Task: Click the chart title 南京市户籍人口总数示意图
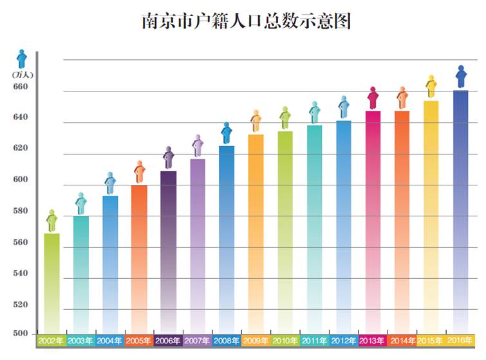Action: pos(246,21)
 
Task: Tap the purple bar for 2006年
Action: pos(169,251)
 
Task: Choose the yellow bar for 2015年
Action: pos(431,216)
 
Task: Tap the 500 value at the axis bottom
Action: pos(21,334)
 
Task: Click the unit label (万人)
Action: pos(21,75)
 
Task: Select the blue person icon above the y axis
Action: pos(21,59)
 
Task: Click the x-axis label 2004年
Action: pos(109,340)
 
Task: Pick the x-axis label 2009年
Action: pos(256,340)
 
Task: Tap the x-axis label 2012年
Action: pos(344,340)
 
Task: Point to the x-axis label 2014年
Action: pos(402,340)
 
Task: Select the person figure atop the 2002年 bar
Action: pos(51,220)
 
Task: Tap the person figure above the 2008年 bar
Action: pos(227,133)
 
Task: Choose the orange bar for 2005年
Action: pos(139,258)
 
